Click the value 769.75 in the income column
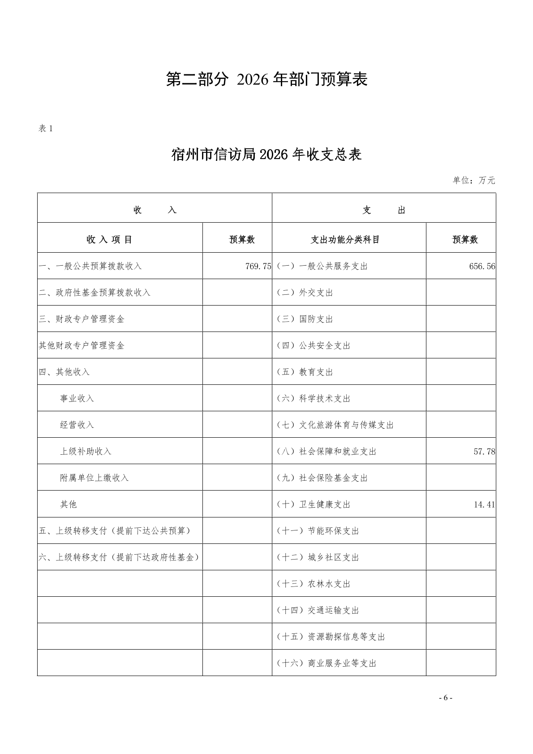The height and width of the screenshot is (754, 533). click(x=258, y=266)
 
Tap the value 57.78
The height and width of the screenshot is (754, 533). click(x=484, y=452)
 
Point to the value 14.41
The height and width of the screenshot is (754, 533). click(x=484, y=504)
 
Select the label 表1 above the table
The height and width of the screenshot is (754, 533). click(x=46, y=129)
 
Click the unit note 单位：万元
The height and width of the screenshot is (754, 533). click(x=474, y=181)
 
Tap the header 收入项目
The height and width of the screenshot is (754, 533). click(x=110, y=240)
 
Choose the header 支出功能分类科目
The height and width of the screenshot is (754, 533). click(x=345, y=240)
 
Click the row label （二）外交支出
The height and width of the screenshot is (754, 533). click(x=305, y=293)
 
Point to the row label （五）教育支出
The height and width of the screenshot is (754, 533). click(x=305, y=372)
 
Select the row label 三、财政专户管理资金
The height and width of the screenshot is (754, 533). click(x=82, y=319)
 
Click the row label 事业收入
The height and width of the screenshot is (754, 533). click(x=77, y=398)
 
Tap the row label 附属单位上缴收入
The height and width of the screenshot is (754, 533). click(x=94, y=478)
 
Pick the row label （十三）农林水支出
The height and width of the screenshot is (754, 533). click(x=313, y=584)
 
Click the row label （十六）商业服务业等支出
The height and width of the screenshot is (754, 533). click(x=327, y=663)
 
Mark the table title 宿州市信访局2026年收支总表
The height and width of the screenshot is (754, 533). click(x=266, y=155)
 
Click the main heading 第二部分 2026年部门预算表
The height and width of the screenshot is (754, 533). click(x=266, y=79)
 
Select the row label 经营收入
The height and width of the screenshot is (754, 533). click(x=77, y=425)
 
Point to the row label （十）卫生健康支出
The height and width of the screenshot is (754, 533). click(x=313, y=504)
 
